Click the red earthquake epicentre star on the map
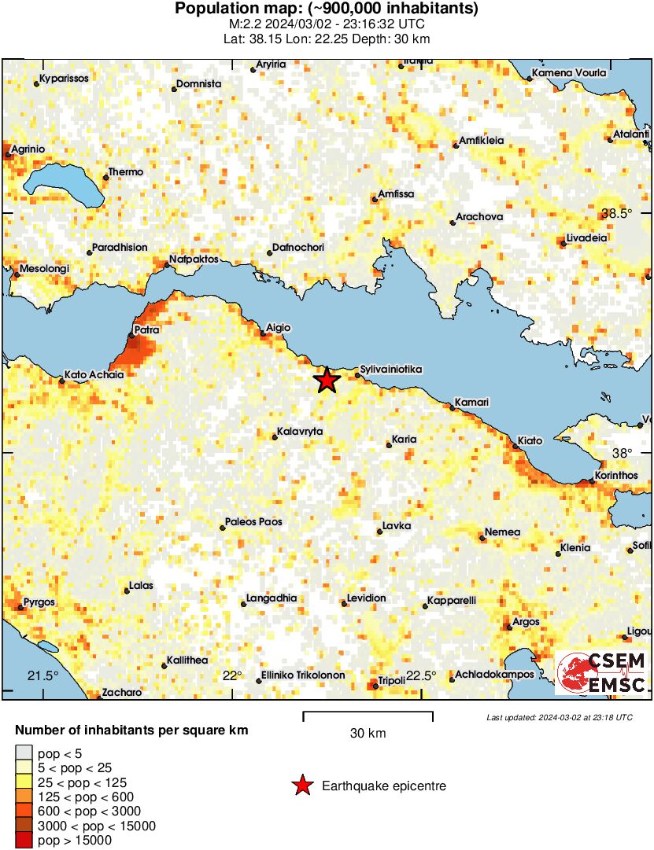[x=327, y=381]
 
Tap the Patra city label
[x=147, y=330]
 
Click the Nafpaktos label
[x=191, y=259]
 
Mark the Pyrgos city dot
[x=20, y=607]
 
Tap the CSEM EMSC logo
[x=602, y=673]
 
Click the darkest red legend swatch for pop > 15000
[x=24, y=841]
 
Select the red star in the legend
[x=301, y=786]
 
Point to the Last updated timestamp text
[x=559, y=717]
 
